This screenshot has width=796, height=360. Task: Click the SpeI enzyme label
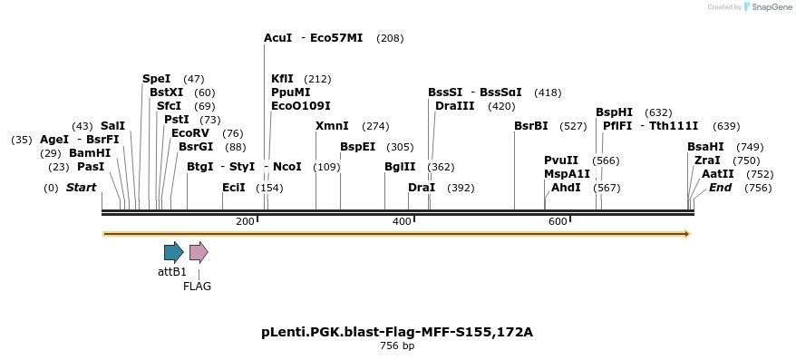(156, 79)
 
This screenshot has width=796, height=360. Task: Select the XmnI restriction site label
(331, 126)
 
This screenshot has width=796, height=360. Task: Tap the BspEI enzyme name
(357, 147)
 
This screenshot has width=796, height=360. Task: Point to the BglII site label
(400, 167)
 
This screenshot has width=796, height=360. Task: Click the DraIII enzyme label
(454, 106)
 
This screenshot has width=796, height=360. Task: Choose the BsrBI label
(530, 126)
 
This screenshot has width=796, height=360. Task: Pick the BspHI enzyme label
(614, 112)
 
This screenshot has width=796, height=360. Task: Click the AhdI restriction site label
(566, 188)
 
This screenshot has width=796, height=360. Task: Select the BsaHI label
(705, 147)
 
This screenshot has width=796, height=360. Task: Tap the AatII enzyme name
(718, 174)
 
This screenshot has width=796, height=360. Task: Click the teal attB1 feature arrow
(173, 252)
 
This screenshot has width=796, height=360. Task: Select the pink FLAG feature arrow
(199, 252)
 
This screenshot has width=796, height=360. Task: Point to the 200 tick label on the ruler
(245, 222)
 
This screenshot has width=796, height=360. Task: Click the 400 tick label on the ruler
(402, 222)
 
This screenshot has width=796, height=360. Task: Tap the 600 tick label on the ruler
(558, 222)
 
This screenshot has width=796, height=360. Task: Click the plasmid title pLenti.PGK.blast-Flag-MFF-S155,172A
(397, 332)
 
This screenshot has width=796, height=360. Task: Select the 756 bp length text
(397, 346)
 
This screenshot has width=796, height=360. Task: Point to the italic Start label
(81, 188)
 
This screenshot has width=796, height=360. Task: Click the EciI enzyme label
(234, 188)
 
